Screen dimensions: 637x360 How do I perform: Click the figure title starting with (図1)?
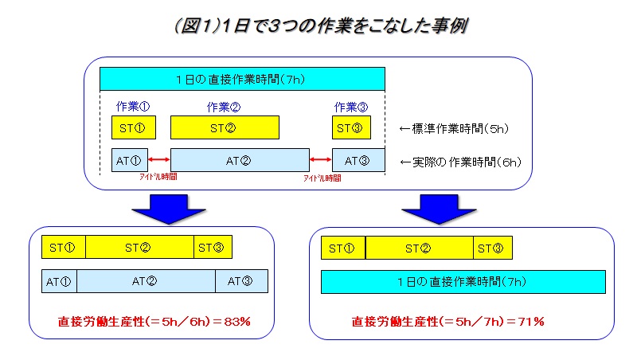tap(321, 26)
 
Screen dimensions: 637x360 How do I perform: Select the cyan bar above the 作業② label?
tap(242, 79)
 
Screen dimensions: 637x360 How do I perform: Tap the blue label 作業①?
tap(133, 107)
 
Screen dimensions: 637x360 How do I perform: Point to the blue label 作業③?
tap(351, 108)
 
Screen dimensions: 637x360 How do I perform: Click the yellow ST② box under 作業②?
tap(225, 127)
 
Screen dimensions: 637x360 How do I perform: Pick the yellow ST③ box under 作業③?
tap(351, 127)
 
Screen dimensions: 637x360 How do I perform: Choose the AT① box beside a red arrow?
tap(130, 160)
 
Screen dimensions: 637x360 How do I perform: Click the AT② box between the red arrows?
tap(240, 160)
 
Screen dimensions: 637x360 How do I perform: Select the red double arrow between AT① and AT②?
tap(158, 159)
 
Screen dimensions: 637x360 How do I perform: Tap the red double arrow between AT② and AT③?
tap(321, 159)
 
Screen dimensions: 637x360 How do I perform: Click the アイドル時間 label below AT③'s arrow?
tap(322, 178)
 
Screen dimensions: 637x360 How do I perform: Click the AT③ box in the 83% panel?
tap(241, 281)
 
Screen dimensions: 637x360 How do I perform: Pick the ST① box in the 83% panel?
tap(64, 247)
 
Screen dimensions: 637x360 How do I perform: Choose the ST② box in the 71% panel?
tap(420, 248)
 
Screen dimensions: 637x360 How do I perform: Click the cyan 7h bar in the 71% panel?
tap(463, 282)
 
